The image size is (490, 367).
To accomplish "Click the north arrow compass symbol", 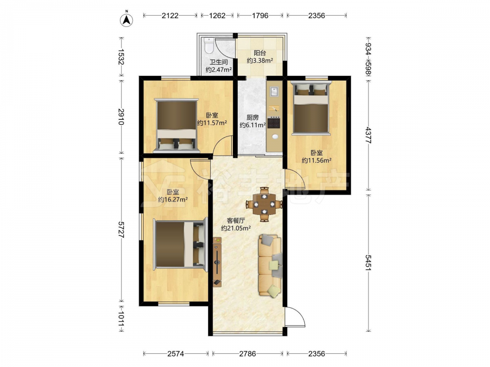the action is click(x=126, y=20).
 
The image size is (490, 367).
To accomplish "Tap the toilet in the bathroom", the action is click(x=208, y=45).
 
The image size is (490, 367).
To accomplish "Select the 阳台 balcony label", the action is click(x=260, y=53).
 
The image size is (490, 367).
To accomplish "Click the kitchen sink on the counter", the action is click(x=275, y=92).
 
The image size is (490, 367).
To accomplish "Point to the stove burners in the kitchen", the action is click(x=274, y=122).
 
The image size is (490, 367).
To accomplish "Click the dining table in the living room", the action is click(x=265, y=205).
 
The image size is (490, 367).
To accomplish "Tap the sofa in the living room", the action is click(x=270, y=265).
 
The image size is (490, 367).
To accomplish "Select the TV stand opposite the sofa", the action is click(x=217, y=262).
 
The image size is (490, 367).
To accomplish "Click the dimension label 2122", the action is click(x=170, y=16).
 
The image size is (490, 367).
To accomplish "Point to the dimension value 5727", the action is click(x=121, y=229).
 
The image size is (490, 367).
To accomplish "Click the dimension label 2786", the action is click(x=247, y=354).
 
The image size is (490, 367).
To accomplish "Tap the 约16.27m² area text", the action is click(x=173, y=200).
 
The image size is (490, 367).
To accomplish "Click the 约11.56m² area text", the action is click(x=317, y=161).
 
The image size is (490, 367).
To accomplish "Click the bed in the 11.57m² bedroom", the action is click(x=176, y=126).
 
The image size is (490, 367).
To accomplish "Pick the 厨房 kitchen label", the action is click(x=252, y=117).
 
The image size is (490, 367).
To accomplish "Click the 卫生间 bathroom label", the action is click(x=219, y=62).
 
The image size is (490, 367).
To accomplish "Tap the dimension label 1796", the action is click(x=260, y=16).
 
